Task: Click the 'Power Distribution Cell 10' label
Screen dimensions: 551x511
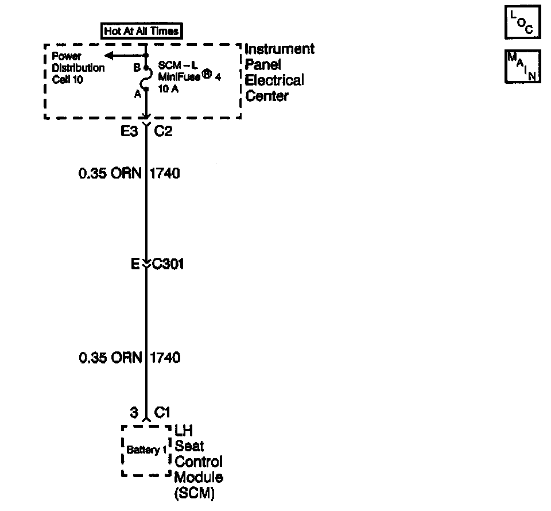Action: click(x=78, y=68)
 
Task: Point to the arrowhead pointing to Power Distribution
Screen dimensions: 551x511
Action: click(x=107, y=56)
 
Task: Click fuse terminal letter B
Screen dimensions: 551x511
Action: click(x=137, y=68)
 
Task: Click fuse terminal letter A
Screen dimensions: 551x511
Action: click(x=137, y=95)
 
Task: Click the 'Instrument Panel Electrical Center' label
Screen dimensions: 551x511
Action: click(x=280, y=72)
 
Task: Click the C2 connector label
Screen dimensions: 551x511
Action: click(x=164, y=132)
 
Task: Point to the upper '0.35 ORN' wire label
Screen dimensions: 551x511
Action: click(x=110, y=173)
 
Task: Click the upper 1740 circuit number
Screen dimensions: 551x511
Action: click(x=165, y=173)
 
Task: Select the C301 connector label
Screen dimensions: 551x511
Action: click(x=168, y=265)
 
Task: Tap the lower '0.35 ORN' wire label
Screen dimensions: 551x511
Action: click(x=110, y=358)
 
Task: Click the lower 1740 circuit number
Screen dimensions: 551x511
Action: click(x=165, y=358)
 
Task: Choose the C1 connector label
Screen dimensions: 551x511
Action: click(x=162, y=412)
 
